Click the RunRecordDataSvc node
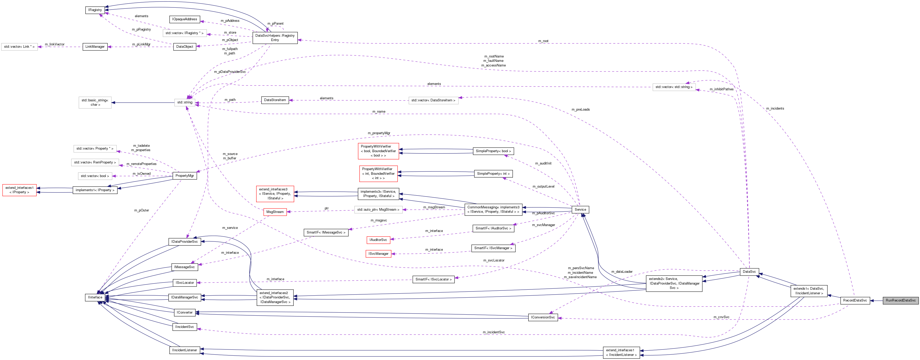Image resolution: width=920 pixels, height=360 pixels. tap(900, 300)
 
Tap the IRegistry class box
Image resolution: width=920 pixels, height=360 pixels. tap(95, 10)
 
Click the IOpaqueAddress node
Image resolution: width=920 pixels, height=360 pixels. tap(184, 19)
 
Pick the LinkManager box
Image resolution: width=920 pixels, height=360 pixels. tap(95, 47)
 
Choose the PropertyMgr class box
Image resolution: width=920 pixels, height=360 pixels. tap(185, 176)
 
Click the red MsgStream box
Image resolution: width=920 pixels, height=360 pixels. tap(275, 212)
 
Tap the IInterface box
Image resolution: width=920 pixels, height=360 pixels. tap(95, 297)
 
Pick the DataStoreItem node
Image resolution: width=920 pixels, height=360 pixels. tap(275, 100)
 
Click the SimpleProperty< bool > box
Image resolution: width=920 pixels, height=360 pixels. tap(493, 151)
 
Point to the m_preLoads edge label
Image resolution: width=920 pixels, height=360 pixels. tap(580, 110)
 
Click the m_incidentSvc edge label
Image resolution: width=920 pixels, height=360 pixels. tap(494, 332)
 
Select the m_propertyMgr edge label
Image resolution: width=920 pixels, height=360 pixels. tap(379, 133)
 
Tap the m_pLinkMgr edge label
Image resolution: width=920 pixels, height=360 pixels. tap(141, 44)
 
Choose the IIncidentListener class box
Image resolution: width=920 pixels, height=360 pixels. tap(184, 350)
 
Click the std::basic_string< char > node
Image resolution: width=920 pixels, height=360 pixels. tap(95, 102)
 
